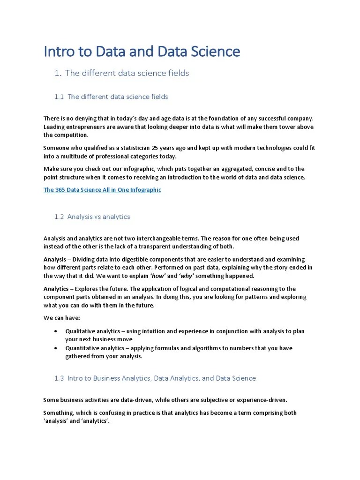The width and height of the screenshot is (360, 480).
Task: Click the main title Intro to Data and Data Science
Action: tap(142, 52)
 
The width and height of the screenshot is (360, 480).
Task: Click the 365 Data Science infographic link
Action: tap(102, 190)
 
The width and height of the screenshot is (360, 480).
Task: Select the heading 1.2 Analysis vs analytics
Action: tap(92, 217)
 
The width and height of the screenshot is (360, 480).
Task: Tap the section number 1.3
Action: tap(59, 378)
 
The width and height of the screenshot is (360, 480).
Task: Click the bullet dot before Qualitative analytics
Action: tap(56, 331)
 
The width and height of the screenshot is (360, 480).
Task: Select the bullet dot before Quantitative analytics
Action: tap(56, 348)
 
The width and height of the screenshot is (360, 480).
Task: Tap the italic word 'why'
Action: tap(187, 276)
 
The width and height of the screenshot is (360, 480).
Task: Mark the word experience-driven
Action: tap(262, 400)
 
